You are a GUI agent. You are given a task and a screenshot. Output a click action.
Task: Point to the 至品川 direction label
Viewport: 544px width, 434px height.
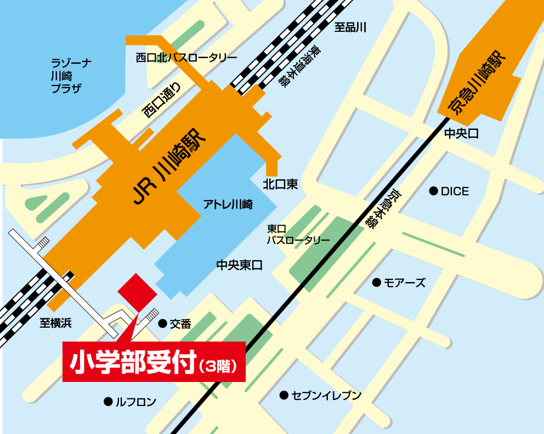click(x=350, y=27)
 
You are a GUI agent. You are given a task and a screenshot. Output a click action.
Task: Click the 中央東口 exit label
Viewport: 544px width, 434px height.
click(x=240, y=265)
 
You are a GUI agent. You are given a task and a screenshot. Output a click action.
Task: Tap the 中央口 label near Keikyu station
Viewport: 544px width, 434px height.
click(x=461, y=133)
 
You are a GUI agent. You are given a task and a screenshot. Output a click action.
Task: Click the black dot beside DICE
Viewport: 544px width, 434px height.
click(x=433, y=191)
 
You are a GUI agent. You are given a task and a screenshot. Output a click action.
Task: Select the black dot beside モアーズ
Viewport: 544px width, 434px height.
click(x=376, y=283)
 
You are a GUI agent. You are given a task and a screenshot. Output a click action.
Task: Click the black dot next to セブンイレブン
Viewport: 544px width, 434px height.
click(x=284, y=395)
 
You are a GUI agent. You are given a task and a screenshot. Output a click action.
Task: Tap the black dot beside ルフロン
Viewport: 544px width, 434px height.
click(x=107, y=402)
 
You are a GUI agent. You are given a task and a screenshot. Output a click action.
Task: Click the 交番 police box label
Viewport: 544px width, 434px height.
click(x=180, y=324)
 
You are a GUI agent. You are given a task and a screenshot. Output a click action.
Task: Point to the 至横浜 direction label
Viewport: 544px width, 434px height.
click(x=55, y=323)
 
